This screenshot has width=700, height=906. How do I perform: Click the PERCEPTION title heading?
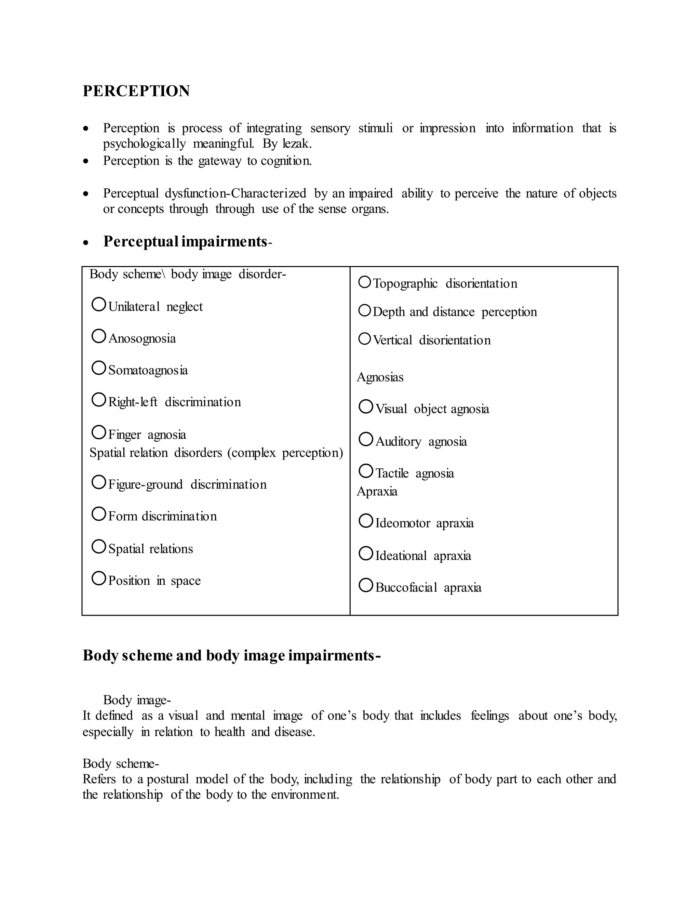136,91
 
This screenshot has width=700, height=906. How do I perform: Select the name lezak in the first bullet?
296,144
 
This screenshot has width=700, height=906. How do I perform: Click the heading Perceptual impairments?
185,241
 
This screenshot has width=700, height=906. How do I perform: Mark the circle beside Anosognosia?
99,336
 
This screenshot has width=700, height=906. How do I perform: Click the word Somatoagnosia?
148,370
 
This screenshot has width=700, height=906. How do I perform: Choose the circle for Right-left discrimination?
99,400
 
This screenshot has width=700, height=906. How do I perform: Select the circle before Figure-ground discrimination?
99,482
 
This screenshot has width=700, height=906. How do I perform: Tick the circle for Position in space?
99,578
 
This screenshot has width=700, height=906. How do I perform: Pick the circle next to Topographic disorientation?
364,282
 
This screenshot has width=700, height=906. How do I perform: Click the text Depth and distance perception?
455,312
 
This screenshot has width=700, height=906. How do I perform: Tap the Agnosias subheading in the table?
380,377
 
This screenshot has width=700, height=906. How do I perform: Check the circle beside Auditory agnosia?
366,439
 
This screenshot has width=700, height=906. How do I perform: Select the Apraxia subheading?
377,492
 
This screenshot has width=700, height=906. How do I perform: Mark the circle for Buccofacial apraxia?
366,585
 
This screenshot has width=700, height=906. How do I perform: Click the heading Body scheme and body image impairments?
231,655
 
